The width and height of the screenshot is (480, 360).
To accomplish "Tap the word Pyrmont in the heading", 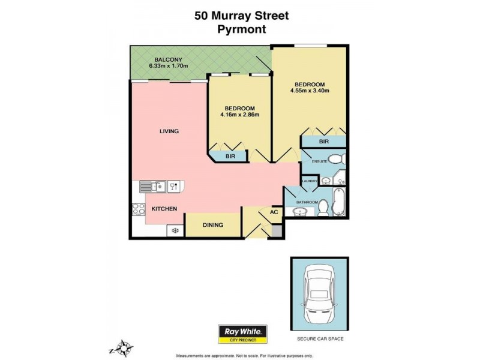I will [241, 29].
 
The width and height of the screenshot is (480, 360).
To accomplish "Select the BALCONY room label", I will [164, 59].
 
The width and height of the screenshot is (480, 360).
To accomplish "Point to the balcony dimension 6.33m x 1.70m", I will [169, 66].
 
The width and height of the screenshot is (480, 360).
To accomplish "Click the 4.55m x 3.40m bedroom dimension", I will [309, 91].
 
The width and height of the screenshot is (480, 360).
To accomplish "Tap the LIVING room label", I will [169, 131].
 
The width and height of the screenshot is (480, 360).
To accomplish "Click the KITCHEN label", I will [164, 209].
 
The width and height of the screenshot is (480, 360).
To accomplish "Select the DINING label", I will [213, 225].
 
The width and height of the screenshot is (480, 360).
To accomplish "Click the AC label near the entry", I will [274, 212].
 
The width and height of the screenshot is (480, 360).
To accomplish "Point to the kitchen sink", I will [154, 187].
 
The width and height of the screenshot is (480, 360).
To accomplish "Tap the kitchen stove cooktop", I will [139, 209].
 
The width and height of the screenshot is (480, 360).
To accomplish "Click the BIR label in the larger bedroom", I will [324, 142].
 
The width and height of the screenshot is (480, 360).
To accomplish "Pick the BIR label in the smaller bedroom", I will [230, 156].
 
